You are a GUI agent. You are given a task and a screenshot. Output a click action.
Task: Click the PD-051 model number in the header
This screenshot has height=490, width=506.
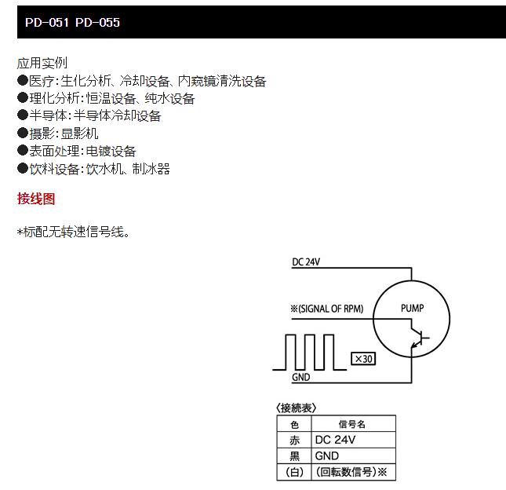[x=47, y=22]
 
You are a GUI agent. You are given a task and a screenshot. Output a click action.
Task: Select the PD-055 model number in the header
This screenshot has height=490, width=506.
[x=97, y=22]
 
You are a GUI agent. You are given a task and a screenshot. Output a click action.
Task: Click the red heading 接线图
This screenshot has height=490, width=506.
[x=36, y=199]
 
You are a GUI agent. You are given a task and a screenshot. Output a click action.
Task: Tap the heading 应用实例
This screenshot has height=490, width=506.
[x=42, y=63]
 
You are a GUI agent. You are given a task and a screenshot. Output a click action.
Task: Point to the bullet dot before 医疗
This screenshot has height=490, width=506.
[x=23, y=80]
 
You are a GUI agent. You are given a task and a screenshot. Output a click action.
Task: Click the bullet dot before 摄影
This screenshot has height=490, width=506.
[x=23, y=133]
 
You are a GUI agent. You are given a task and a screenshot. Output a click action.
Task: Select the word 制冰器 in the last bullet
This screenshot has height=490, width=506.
[x=151, y=169]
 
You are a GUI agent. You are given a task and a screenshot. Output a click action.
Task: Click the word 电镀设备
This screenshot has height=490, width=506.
[x=111, y=151]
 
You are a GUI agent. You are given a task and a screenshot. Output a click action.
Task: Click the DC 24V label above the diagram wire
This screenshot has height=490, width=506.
[x=306, y=262]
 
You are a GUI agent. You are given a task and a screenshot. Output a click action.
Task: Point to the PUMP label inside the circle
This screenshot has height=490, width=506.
[x=412, y=308]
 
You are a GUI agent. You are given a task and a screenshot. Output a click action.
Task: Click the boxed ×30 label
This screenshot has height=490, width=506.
[x=363, y=359]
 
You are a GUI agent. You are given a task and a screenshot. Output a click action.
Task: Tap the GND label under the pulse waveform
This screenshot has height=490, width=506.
[x=300, y=377]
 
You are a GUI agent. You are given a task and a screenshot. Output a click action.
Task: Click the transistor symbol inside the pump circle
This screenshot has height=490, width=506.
[x=419, y=338]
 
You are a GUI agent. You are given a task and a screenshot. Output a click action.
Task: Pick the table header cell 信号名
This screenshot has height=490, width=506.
[x=351, y=424]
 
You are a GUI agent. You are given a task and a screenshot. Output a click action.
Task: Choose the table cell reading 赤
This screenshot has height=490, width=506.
[x=294, y=440]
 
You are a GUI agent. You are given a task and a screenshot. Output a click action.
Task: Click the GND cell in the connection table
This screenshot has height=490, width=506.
[x=327, y=455]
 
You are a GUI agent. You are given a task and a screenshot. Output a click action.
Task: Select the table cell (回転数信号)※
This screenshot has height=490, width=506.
[x=351, y=472]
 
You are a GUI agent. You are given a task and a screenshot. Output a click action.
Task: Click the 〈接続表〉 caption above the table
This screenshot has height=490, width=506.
[x=296, y=408]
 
